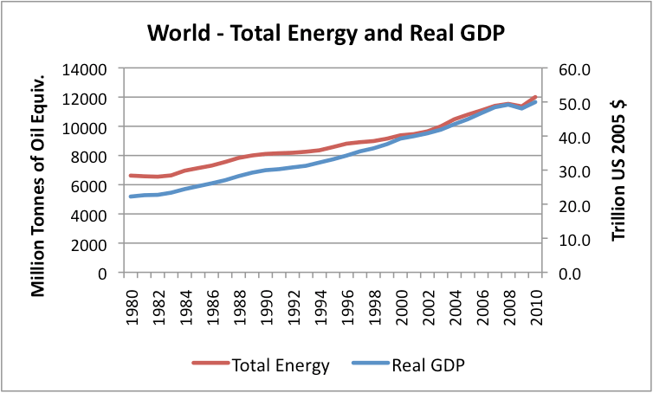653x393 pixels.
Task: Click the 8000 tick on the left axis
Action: pos(91,156)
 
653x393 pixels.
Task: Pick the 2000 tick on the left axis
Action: pos(91,243)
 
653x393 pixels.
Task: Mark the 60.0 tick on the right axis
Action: pos(566,68)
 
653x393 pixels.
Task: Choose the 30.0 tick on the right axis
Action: pos(566,171)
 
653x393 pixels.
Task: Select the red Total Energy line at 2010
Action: pos(537,96)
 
